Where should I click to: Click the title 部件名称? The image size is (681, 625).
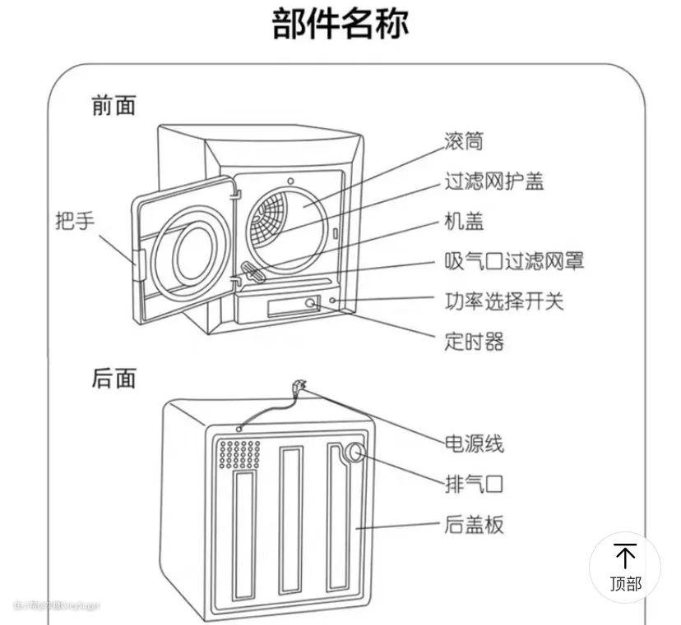(340, 25)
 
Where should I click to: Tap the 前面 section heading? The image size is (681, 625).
(113, 106)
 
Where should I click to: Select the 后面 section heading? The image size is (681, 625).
(113, 379)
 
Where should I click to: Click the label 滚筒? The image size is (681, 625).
(463, 141)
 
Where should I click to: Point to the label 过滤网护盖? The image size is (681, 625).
(493, 181)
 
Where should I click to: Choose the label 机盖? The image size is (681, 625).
(463, 221)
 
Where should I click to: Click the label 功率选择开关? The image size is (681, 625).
(503, 301)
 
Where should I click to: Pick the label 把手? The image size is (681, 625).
(75, 221)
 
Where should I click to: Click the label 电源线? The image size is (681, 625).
(474, 444)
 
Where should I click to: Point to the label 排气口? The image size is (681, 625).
(474, 484)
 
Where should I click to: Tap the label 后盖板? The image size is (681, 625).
(474, 524)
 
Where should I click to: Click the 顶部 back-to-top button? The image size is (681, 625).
(625, 568)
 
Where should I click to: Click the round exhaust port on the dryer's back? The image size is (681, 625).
(355, 454)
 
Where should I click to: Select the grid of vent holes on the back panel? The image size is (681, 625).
(239, 454)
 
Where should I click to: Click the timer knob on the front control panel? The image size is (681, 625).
(312, 303)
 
